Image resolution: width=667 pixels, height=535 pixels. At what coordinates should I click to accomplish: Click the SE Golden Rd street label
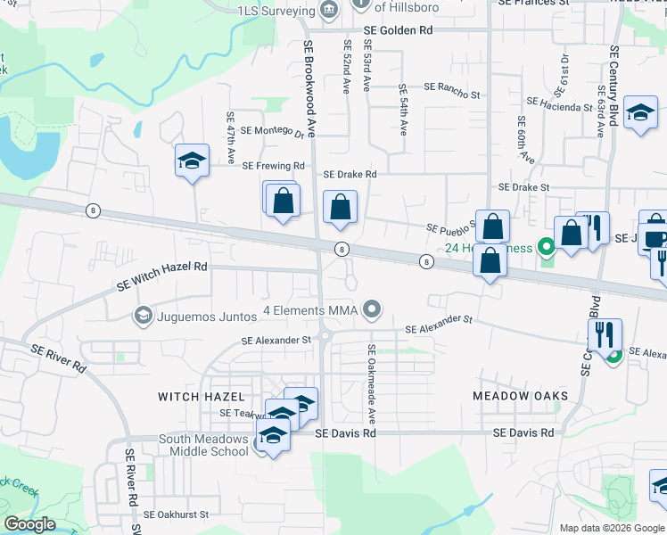point(398,30)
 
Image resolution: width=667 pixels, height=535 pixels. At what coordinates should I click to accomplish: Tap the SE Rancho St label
point(452,88)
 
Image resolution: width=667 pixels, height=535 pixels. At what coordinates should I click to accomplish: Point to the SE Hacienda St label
point(560,107)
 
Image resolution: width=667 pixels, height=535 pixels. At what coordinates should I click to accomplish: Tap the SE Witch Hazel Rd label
point(161,276)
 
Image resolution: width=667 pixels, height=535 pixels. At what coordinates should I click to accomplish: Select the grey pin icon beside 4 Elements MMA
point(374,309)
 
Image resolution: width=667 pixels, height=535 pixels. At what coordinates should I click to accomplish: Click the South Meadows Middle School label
point(203,445)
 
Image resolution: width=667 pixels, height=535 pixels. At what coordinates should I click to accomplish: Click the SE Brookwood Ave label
point(309,89)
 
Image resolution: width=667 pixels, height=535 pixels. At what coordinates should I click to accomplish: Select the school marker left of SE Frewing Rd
point(192,161)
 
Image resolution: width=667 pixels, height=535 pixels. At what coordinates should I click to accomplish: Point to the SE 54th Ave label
point(403,110)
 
